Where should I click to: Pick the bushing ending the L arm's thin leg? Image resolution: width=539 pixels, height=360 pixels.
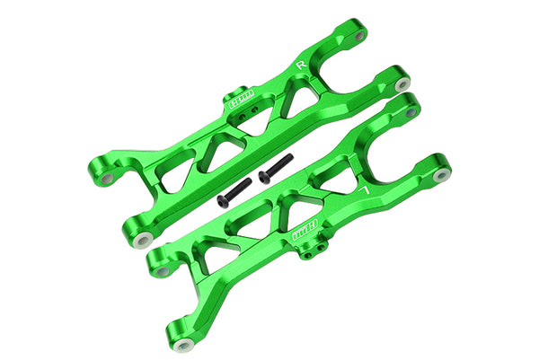pyautogui.click(x=184, y=346)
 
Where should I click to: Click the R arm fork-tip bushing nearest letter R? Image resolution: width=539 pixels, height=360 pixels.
pyautogui.click(x=360, y=36)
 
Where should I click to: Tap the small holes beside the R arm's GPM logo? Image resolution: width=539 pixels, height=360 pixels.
pyautogui.click(x=256, y=110)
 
